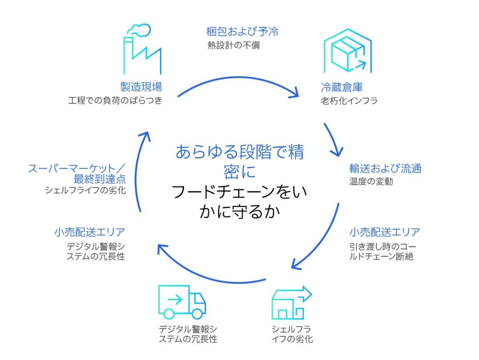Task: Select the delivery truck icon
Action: pyautogui.click(x=182, y=302)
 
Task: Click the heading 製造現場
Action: pyautogui.click(x=141, y=86)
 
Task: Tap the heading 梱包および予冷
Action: pyautogui.click(x=242, y=32)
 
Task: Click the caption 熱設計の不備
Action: pyautogui.click(x=234, y=45)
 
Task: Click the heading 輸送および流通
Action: pyautogui.click(x=385, y=168)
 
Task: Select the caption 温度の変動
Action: pyautogui.click(x=371, y=181)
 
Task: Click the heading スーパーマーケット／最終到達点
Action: pyautogui.click(x=77, y=173)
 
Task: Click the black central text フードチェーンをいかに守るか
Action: pyautogui.click(x=239, y=202)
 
